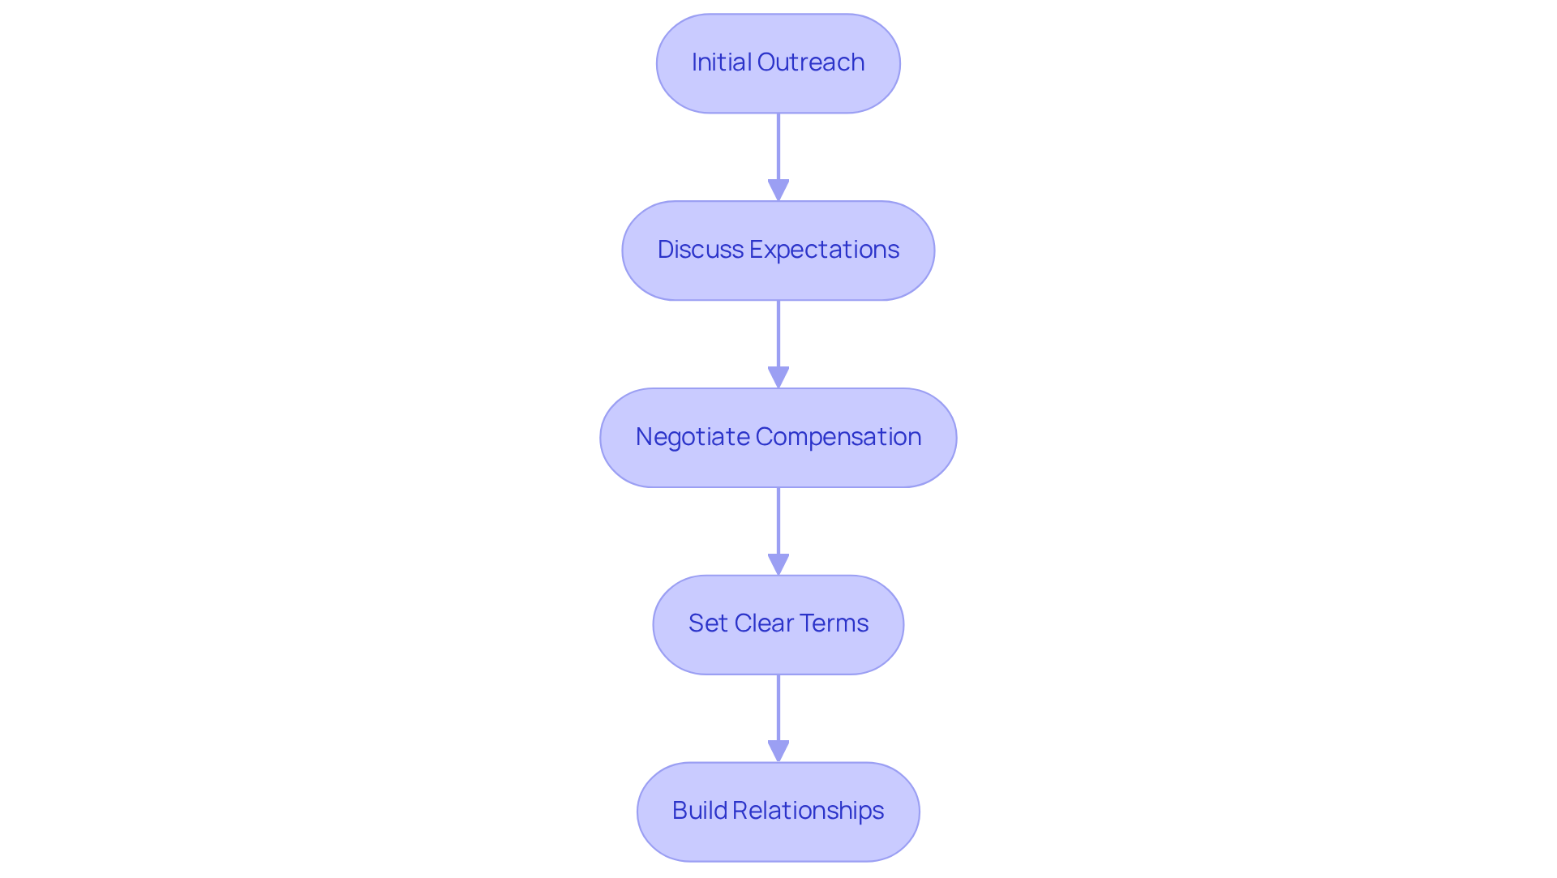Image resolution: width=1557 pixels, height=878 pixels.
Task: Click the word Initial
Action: [x=721, y=62]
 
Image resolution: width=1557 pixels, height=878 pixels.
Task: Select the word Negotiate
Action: [x=693, y=437]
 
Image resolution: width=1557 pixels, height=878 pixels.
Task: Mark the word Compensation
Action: [x=838, y=437]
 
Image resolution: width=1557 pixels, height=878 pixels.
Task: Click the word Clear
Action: [x=763, y=623]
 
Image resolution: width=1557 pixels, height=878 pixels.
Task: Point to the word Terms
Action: [x=834, y=623]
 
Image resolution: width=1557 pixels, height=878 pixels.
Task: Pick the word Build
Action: [x=700, y=811]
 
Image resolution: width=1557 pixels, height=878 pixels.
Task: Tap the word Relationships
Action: [x=808, y=811]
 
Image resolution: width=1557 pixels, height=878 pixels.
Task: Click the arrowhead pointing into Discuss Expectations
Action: [x=778, y=190]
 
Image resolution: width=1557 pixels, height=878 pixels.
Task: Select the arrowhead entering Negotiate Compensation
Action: [x=778, y=377]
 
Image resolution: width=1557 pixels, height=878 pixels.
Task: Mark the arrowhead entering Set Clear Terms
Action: [x=778, y=564]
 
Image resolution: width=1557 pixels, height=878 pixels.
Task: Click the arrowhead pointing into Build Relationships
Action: [x=778, y=751]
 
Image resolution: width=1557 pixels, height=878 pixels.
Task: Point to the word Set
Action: [x=708, y=623]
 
